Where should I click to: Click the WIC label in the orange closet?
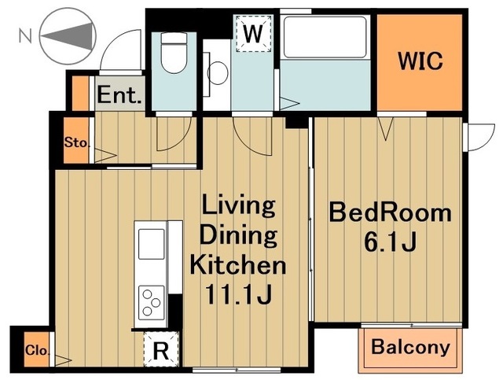[420, 61]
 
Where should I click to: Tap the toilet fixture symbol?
[174, 53]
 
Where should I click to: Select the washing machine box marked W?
[253, 33]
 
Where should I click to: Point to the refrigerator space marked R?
[161, 349]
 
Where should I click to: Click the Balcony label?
[410, 348]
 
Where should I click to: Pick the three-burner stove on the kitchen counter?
[151, 302]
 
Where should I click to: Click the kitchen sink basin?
[151, 244]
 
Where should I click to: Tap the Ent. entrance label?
[119, 94]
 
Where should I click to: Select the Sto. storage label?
[76, 142]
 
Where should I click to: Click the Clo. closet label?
[38, 350]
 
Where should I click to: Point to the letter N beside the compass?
[26, 35]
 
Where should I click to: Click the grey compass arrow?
[68, 36]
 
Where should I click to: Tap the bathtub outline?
[325, 37]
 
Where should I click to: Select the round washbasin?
[218, 73]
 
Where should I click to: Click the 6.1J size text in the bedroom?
[390, 242]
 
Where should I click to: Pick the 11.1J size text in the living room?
[238, 294]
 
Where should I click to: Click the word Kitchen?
[237, 264]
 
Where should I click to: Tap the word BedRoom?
[390, 212]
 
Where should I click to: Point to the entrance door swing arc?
[111, 41]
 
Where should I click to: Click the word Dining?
[238, 235]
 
